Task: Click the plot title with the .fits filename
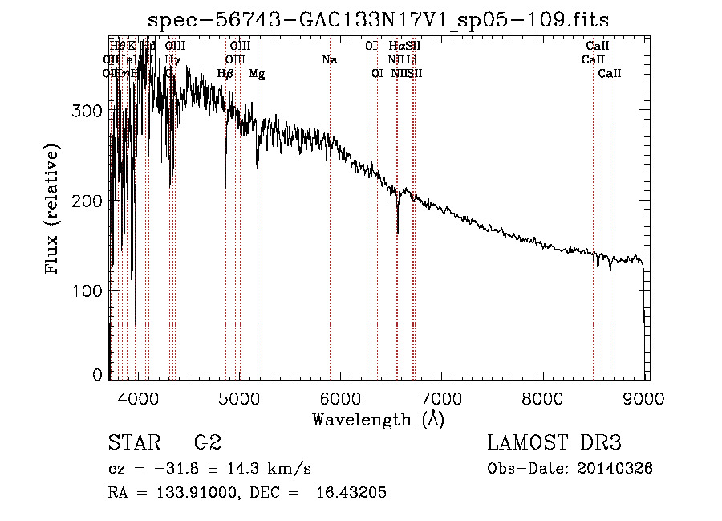[379, 19]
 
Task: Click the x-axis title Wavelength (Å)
[378, 419]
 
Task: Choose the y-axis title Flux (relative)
[53, 210]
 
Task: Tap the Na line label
[330, 59]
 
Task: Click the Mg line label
[257, 74]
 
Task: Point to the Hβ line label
[225, 74]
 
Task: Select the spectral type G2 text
[208, 443]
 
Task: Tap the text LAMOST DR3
[554, 443]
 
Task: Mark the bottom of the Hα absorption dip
[398, 233]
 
